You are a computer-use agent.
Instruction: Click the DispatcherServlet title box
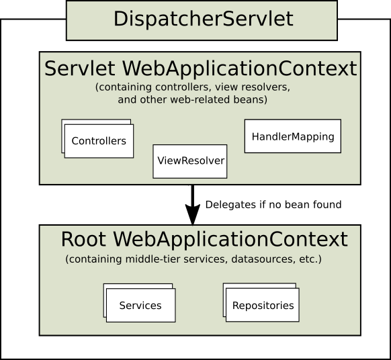(202, 19)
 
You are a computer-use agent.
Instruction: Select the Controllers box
(99, 141)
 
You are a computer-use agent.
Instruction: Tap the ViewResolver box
(190, 161)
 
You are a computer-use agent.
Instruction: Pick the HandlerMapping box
(292, 136)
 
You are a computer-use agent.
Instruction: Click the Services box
(140, 306)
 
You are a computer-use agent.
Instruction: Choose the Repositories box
(263, 306)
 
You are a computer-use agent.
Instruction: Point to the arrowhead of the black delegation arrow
(193, 216)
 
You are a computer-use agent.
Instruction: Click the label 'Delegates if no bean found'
(273, 204)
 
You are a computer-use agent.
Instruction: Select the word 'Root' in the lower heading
(84, 240)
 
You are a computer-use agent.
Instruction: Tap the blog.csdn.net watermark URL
(298, 349)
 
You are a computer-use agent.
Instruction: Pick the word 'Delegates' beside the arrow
(227, 204)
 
